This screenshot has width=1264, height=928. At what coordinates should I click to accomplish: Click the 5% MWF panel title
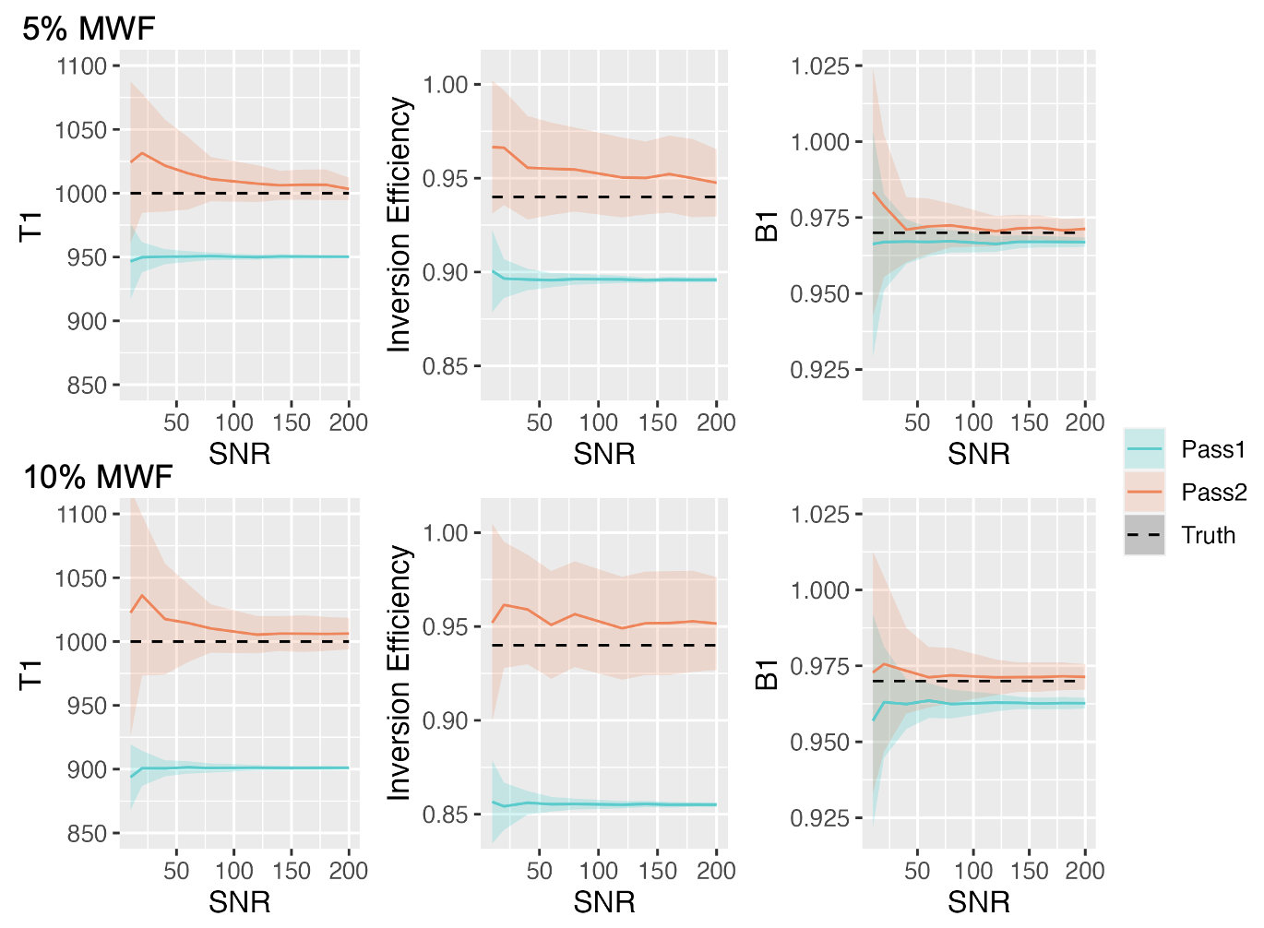(x=89, y=29)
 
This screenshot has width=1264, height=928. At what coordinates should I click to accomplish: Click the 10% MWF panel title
(x=98, y=477)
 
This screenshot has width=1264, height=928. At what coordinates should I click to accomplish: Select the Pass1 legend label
(x=1213, y=450)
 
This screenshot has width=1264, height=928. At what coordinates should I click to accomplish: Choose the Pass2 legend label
(x=1213, y=493)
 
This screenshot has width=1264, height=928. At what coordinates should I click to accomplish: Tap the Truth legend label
(x=1208, y=535)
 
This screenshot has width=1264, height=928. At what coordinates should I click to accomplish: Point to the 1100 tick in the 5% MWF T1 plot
(x=81, y=66)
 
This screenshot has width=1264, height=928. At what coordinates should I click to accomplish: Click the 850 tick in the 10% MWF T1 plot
(x=87, y=834)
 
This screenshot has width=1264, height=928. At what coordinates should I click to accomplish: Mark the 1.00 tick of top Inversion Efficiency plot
(x=446, y=85)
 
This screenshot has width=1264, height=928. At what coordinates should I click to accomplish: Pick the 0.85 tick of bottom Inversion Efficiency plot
(x=446, y=815)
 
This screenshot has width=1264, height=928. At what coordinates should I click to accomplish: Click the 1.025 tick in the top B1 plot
(x=819, y=66)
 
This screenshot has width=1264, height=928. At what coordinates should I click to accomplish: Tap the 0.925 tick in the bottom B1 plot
(x=819, y=818)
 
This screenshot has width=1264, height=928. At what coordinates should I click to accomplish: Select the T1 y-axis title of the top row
(x=31, y=225)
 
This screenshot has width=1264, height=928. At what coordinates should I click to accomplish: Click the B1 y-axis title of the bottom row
(x=767, y=674)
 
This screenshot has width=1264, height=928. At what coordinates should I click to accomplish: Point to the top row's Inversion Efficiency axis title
(x=399, y=225)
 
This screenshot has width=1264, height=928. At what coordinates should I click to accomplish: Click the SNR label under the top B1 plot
(x=978, y=454)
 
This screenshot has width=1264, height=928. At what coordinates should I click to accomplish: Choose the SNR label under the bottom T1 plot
(x=239, y=902)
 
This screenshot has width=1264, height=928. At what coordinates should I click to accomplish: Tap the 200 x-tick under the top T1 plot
(x=348, y=422)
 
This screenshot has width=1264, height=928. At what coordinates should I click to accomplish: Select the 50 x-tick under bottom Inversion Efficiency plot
(x=539, y=871)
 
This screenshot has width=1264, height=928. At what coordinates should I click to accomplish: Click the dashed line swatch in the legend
(x=1144, y=535)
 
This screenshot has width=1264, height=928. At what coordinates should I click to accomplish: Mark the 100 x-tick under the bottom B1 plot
(x=972, y=871)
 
